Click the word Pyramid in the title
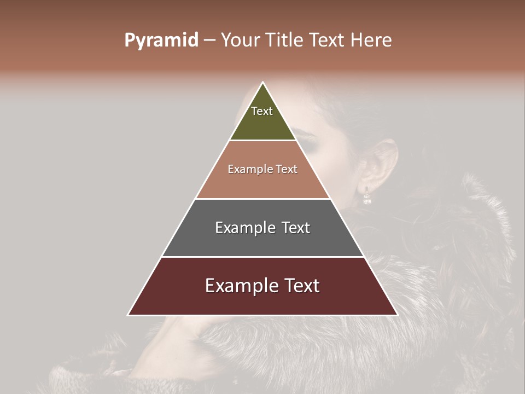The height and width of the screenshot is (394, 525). (x=161, y=40)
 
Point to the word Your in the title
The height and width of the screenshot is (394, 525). (x=240, y=40)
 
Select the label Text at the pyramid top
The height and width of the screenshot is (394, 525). (x=262, y=111)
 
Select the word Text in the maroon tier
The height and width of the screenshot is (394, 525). (x=301, y=286)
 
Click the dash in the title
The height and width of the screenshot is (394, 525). (x=209, y=40)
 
